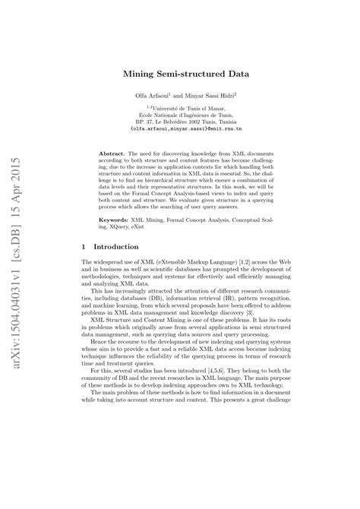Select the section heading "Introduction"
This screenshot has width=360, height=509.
115,247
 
